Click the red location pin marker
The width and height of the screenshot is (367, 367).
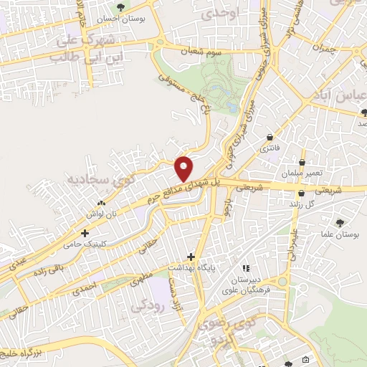tap(184, 168)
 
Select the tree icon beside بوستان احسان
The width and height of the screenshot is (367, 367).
tap(120, 8)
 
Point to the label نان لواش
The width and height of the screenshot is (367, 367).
tap(102, 214)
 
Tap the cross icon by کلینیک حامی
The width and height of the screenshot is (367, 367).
tap(85, 233)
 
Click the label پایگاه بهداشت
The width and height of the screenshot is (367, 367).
tap(191, 267)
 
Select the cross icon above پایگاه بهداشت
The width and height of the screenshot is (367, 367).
tap(191, 256)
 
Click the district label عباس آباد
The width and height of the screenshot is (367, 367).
tap(336, 96)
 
